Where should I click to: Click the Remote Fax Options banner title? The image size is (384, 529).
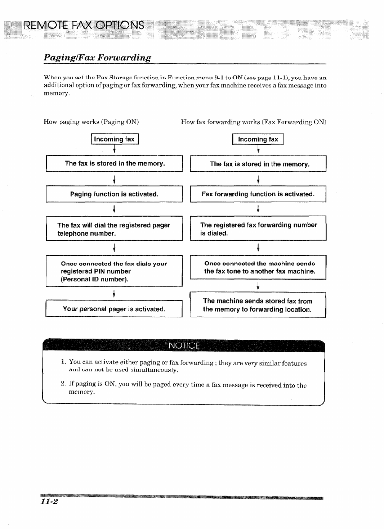pyautogui.click(x=83, y=26)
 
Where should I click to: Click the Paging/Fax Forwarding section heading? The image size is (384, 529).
pyautogui.click(x=97, y=58)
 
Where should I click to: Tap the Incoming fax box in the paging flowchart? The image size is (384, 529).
pyautogui.click(x=114, y=139)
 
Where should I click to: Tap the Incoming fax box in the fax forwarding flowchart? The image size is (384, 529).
pyautogui.click(x=258, y=139)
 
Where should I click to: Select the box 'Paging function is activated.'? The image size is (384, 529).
pyautogui.click(x=114, y=194)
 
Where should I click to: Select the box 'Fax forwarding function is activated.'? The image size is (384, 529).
pyautogui.click(x=258, y=194)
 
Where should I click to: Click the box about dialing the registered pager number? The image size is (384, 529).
pyautogui.click(x=114, y=229)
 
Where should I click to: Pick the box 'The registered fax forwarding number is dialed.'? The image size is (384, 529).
pyautogui.click(x=258, y=229)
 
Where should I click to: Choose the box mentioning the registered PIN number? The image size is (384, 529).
pyautogui.click(x=114, y=271)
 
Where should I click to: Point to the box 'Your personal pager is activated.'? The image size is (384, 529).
pyautogui.click(x=114, y=309)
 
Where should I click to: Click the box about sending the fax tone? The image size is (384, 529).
pyautogui.click(x=258, y=267)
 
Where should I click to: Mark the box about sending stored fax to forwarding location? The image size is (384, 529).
pyautogui.click(x=258, y=305)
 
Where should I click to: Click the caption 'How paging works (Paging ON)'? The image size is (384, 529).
pyautogui.click(x=91, y=122)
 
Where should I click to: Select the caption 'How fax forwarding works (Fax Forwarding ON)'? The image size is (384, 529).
pyautogui.click(x=253, y=122)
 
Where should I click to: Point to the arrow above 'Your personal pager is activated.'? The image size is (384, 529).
pyautogui.click(x=114, y=293)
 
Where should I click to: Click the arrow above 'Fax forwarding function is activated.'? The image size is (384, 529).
pyautogui.click(x=258, y=179)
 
